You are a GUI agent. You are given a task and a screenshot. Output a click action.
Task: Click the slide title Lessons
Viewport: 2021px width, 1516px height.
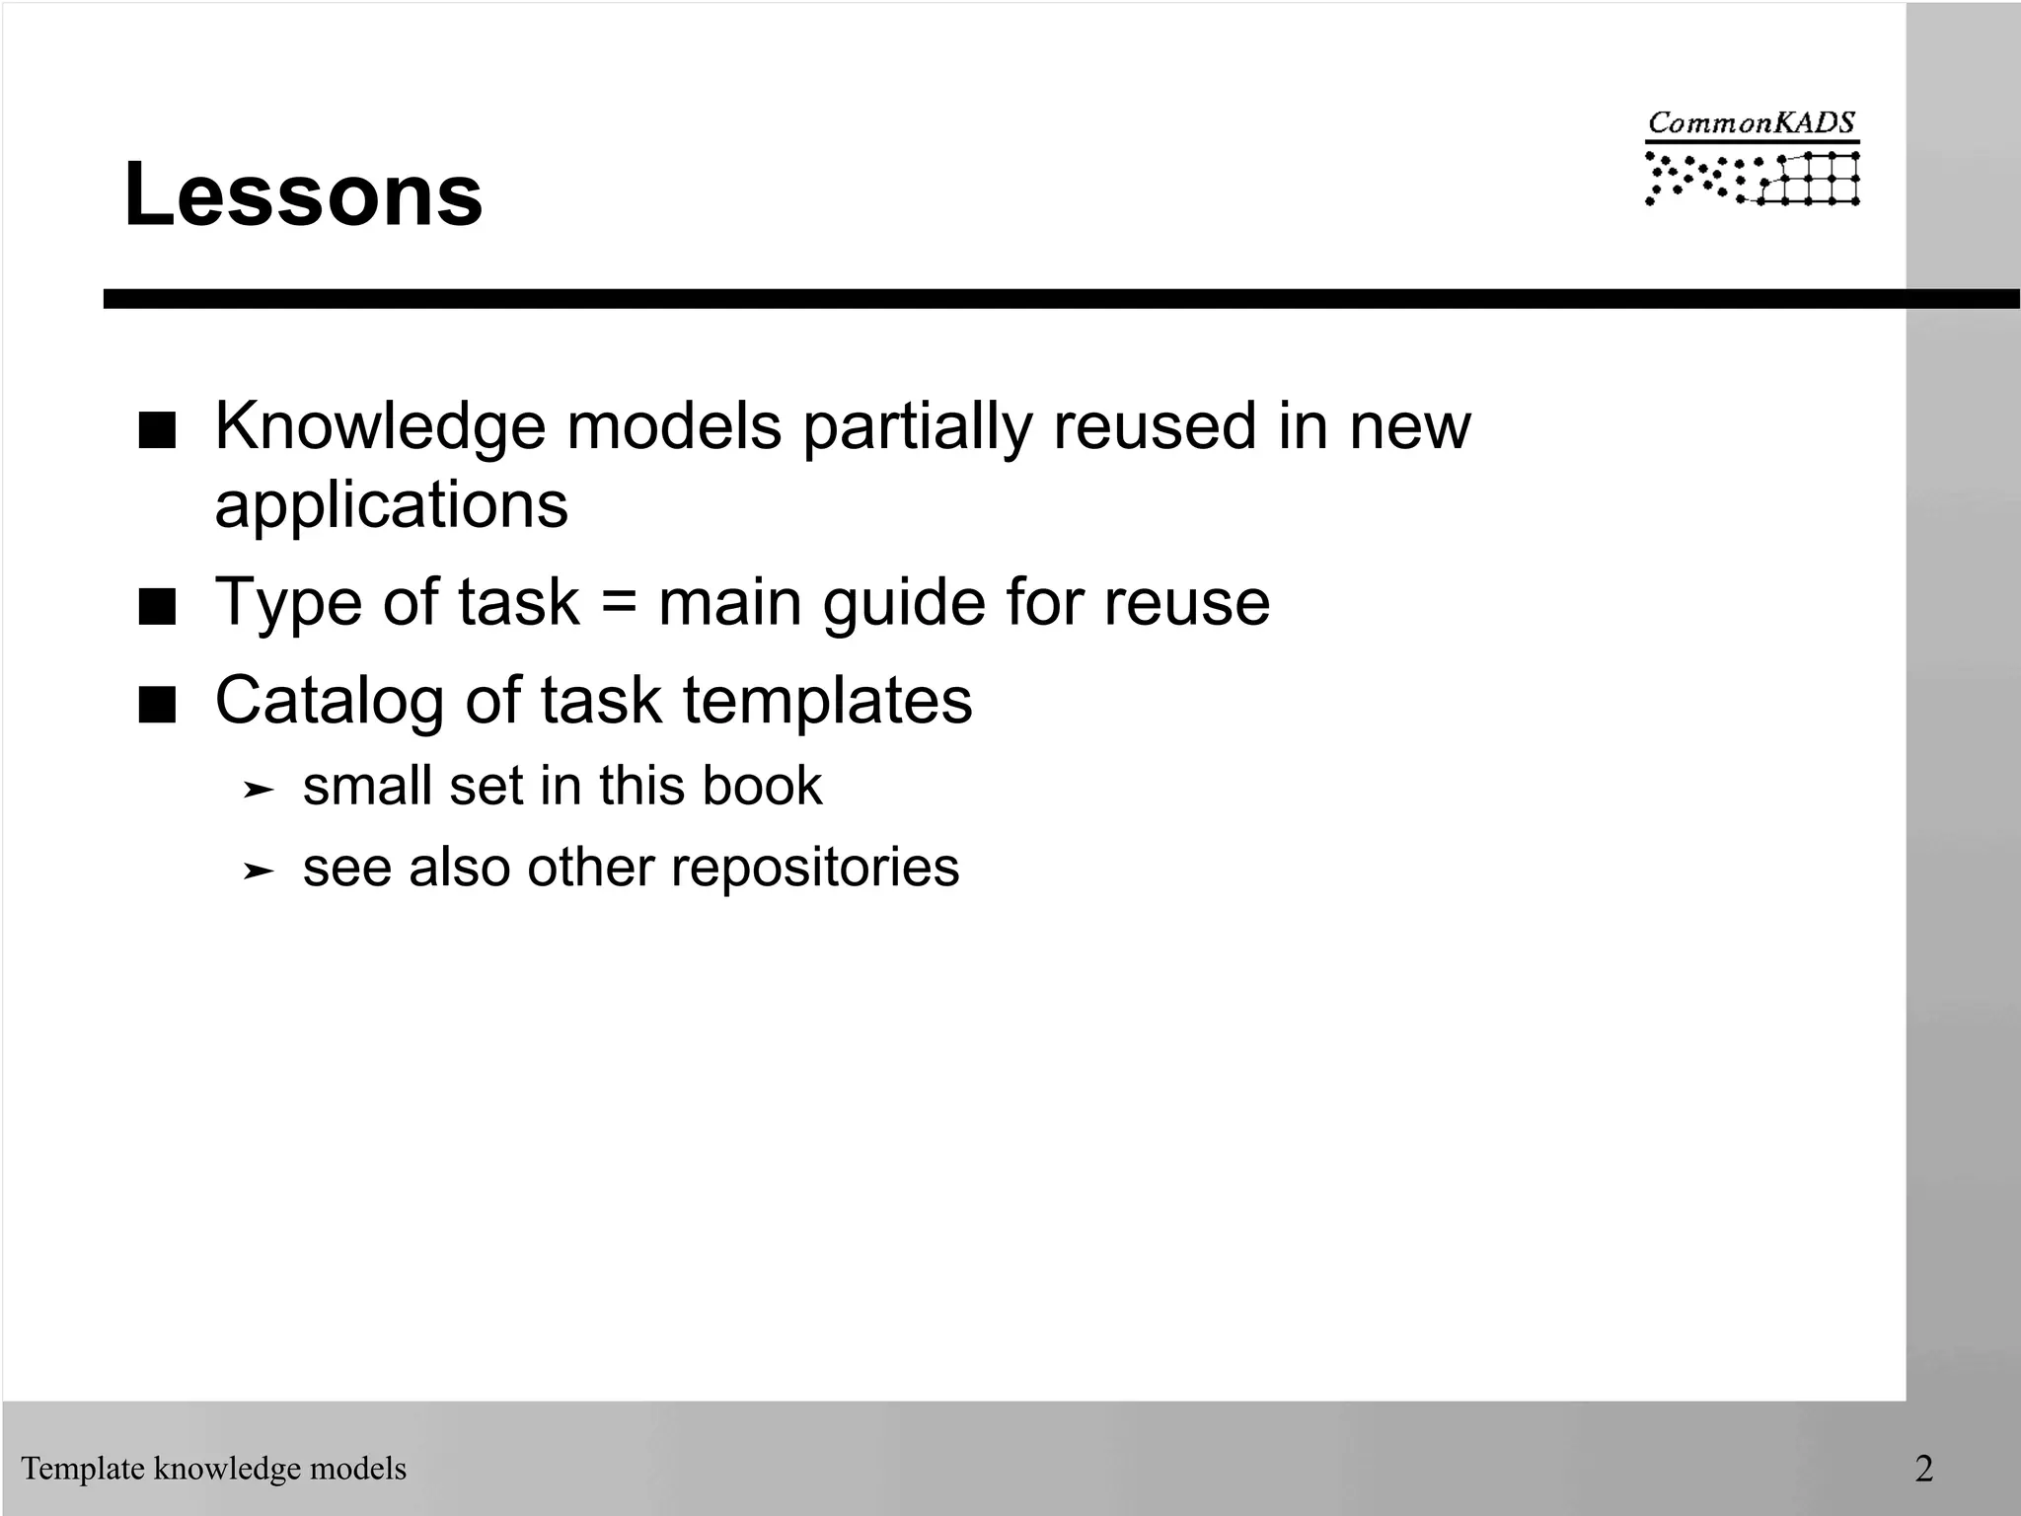(303, 195)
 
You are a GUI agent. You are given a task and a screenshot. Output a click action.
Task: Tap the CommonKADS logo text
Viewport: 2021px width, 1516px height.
(1752, 123)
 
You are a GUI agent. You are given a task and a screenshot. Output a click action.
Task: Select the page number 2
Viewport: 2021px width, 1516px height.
(1923, 1469)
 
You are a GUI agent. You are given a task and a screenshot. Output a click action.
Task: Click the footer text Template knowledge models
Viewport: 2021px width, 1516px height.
(214, 1469)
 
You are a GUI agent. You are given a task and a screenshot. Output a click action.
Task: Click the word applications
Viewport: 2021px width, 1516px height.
(392, 505)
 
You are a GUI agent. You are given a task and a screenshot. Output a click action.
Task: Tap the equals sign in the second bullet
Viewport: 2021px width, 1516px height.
(618, 603)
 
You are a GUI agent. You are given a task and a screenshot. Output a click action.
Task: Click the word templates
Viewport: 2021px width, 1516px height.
(827, 702)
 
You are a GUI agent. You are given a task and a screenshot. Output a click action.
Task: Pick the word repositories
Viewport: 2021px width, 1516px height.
(814, 868)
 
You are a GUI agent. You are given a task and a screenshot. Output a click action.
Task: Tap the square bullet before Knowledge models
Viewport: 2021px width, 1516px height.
(157, 431)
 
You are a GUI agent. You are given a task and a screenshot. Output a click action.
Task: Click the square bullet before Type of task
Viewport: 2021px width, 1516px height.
(157, 608)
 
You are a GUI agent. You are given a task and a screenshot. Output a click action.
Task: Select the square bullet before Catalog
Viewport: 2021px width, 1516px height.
(157, 706)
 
